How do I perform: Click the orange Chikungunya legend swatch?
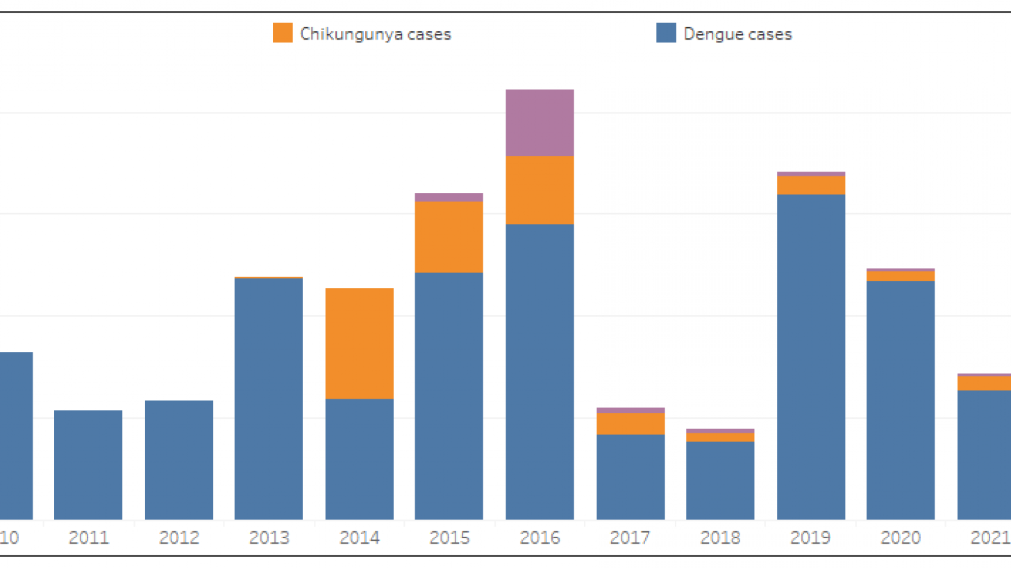point(283,33)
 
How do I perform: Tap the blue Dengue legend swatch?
point(666,33)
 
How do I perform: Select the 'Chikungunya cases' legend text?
point(375,33)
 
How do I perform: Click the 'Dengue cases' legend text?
point(737,33)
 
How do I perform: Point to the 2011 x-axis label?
point(88,537)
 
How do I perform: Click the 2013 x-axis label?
point(269,537)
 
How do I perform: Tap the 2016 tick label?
point(540,537)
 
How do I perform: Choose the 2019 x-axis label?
point(810,537)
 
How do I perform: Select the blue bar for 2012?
point(178,460)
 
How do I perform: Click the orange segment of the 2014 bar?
point(359,343)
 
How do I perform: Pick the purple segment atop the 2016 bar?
point(540,122)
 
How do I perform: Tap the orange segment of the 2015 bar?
point(449,237)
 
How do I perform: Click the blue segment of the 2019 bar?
point(810,356)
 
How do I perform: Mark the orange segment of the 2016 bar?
point(540,190)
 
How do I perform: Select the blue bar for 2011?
point(88,465)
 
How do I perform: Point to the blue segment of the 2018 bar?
point(720,480)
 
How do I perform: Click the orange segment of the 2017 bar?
point(630,424)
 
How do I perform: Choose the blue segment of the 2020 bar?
point(901,400)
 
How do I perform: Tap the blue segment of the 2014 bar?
point(359,459)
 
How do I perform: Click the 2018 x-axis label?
point(720,537)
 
